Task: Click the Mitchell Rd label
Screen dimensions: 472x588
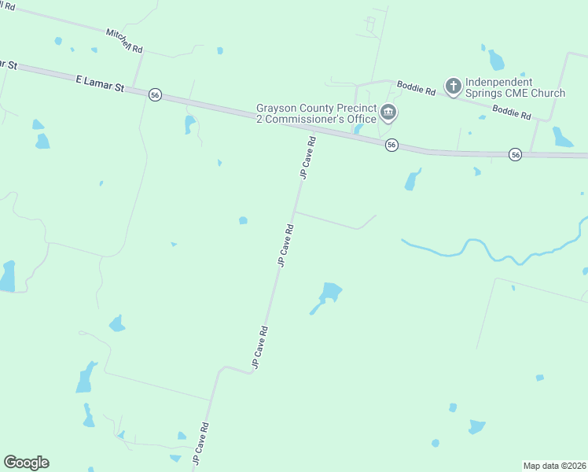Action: [125, 41]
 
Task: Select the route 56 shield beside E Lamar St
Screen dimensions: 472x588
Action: [155, 94]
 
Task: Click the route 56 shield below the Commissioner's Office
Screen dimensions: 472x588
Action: [391, 146]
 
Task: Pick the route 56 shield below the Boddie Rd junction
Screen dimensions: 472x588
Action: [515, 155]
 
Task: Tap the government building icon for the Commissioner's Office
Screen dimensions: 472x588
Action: [388, 113]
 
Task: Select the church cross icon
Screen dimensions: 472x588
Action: [453, 86]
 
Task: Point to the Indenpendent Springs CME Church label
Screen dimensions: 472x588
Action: [515, 87]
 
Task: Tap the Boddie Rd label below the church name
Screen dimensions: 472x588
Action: [512, 112]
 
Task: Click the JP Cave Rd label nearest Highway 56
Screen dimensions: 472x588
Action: [307, 158]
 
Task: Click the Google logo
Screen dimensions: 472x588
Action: [26, 463]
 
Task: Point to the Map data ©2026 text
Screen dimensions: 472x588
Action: [554, 466]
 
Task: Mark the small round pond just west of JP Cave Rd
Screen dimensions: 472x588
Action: [243, 220]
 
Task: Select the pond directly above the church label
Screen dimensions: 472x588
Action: [496, 60]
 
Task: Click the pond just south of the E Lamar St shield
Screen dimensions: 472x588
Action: [189, 124]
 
